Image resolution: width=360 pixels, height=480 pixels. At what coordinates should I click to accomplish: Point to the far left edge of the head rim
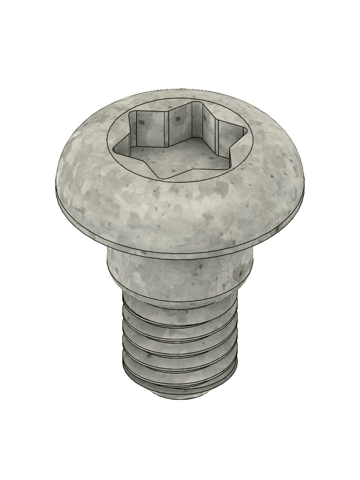(57, 187)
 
